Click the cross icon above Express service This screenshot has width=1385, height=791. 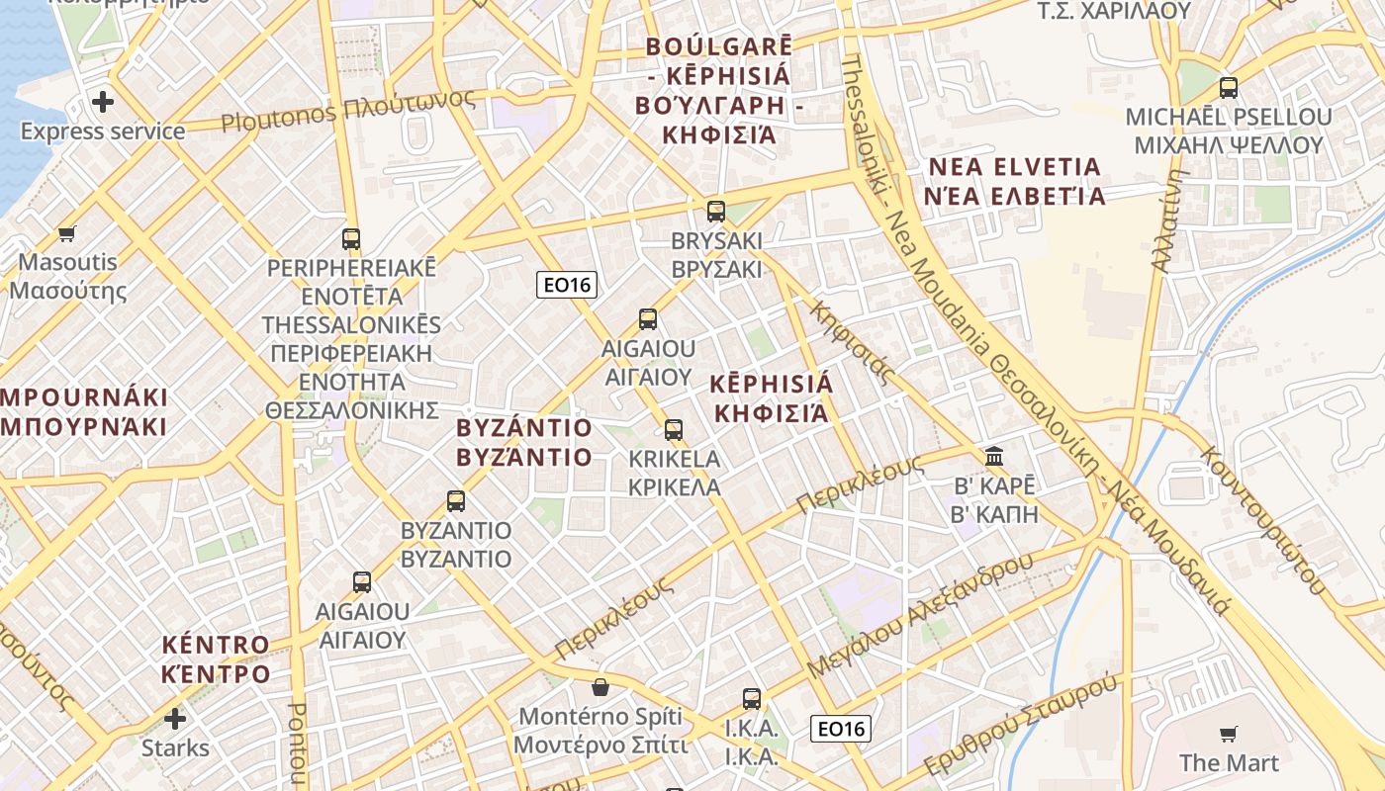103,101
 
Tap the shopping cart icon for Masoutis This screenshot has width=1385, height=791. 66,234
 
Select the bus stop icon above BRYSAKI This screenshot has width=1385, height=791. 715,211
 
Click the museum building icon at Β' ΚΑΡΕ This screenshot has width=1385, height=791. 994,457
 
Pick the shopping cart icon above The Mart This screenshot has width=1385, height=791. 1228,734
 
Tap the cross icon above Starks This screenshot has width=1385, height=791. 175,718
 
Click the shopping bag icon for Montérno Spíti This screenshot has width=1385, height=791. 600,686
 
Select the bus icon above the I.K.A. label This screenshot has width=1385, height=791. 752,699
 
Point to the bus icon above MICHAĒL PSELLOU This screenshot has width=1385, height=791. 1228,87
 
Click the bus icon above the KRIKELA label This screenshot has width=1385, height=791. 674,430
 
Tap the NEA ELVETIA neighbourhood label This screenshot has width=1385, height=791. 1014,181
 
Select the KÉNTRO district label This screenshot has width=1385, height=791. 216,659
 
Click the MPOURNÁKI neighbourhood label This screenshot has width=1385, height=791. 84,412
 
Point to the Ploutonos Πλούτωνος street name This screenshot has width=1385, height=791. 347,111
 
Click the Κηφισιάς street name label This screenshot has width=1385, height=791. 852,342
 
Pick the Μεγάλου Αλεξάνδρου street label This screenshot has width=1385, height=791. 920,615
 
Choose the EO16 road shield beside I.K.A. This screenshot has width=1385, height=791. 840,730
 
